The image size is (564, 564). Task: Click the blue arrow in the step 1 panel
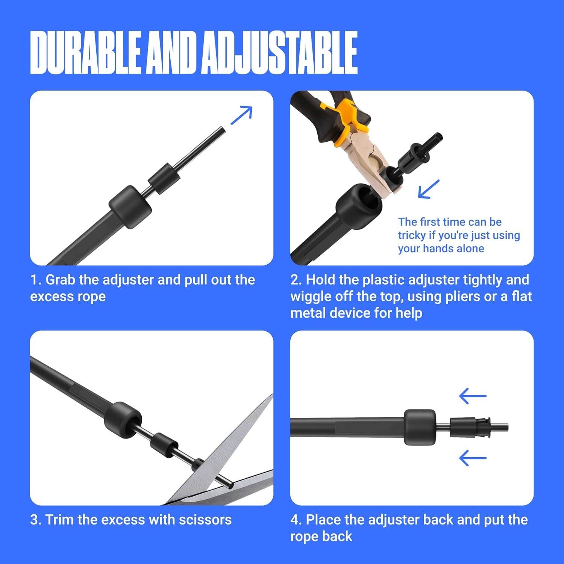pos(241,115)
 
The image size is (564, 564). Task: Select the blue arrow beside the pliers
pos(429,189)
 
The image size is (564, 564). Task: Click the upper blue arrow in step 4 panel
pos(473,396)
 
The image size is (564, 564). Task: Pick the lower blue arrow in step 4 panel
pos(473,458)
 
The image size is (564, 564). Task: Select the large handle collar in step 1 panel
pos(130,207)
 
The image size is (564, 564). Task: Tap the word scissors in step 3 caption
pos(205,520)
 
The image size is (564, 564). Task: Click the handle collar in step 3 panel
pos(123,420)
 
